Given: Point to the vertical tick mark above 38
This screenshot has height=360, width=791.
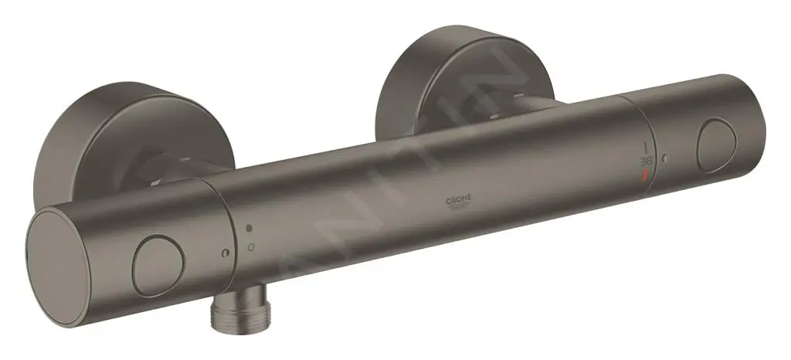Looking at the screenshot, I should point(647,144).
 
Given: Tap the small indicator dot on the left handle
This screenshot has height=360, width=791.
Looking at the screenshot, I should point(223,254).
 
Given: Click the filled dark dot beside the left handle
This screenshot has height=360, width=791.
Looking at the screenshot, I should point(249,230).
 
